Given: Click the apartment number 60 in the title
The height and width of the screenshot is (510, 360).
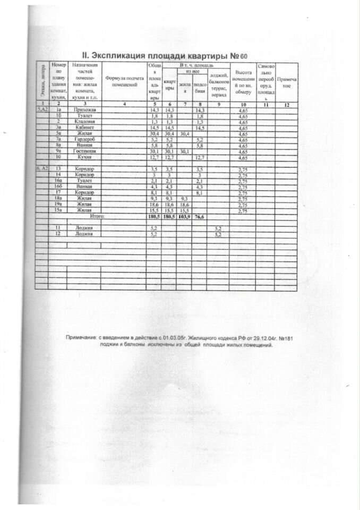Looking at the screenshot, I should pyautogui.click(x=243, y=56).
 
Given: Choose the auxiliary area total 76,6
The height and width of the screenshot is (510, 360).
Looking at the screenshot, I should pyautogui.click(x=200, y=217).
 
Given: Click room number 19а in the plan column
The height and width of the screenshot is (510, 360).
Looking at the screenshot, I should pyautogui.click(x=59, y=205).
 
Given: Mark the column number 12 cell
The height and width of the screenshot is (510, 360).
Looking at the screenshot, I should pyautogui.click(x=287, y=104).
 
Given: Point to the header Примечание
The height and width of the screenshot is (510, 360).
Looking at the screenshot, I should pyautogui.click(x=287, y=82).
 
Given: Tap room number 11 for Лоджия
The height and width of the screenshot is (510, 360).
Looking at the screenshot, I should pyautogui.click(x=59, y=227).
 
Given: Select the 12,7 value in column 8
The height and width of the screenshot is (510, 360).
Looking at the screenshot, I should pyautogui.click(x=200, y=158).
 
